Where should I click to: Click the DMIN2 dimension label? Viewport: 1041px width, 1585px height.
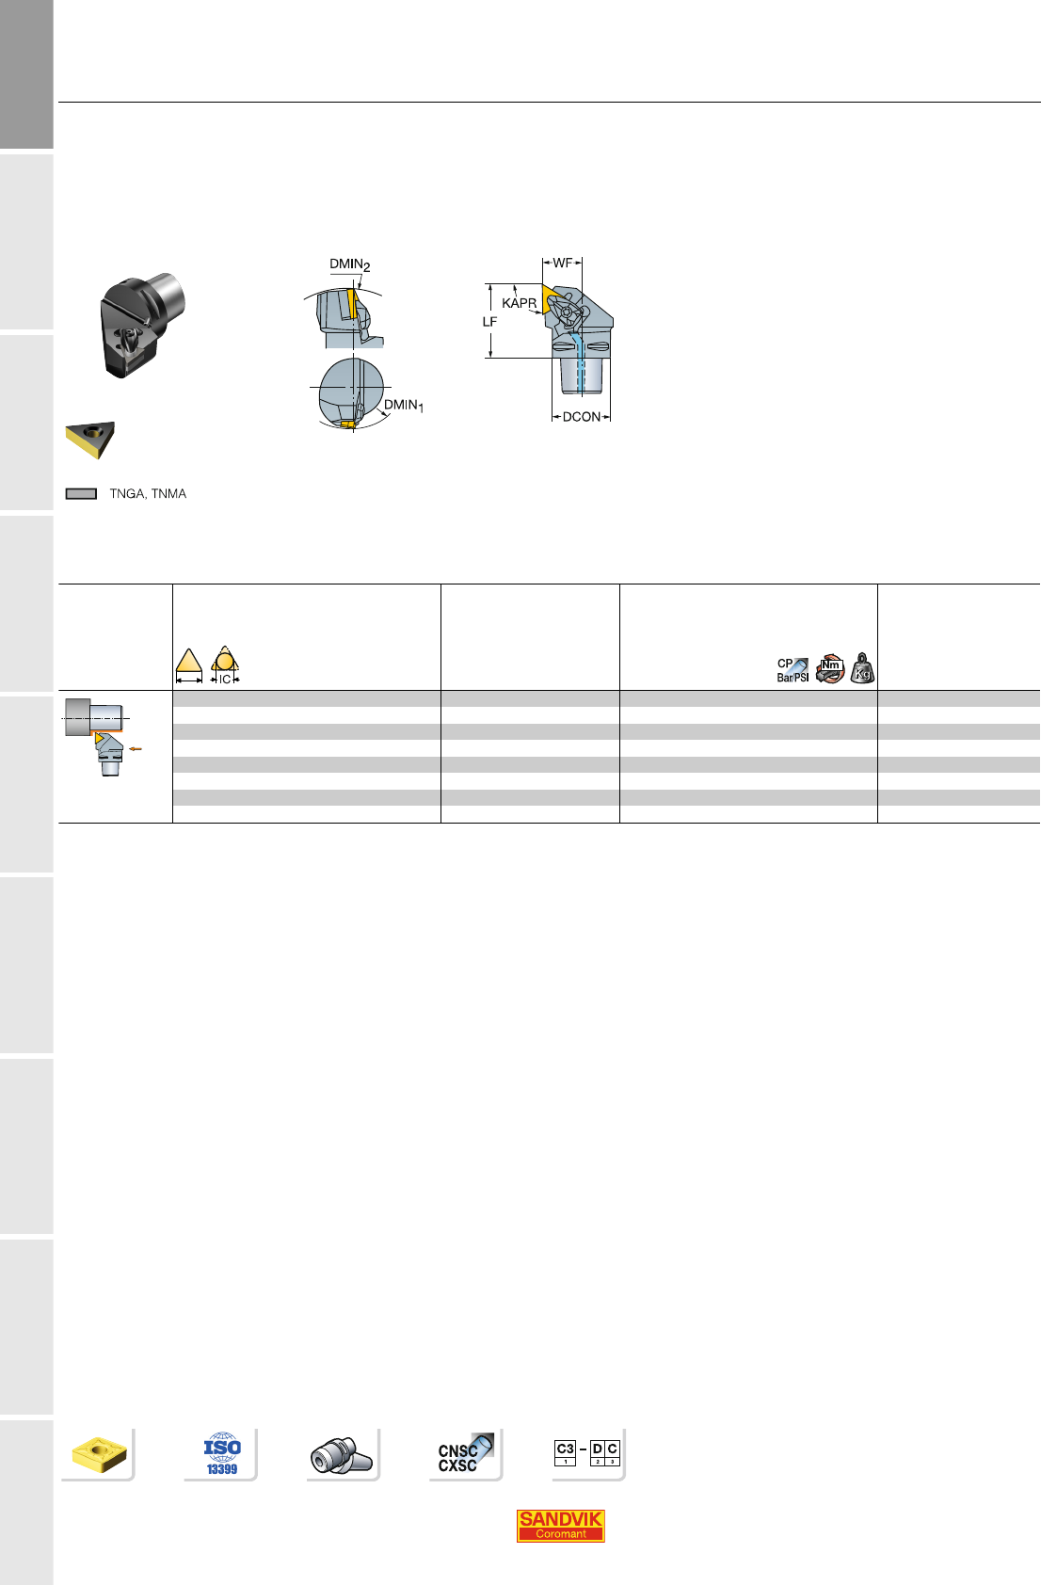[349, 264]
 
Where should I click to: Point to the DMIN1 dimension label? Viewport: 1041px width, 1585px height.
[404, 406]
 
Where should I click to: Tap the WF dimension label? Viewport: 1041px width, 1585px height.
[562, 264]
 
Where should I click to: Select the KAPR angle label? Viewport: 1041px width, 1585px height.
[519, 303]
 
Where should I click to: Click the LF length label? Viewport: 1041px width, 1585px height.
[489, 321]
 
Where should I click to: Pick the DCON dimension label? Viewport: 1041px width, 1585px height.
[581, 417]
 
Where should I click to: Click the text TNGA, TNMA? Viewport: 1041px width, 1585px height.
[148, 493]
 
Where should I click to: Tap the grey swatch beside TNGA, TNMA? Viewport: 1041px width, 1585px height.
[81, 494]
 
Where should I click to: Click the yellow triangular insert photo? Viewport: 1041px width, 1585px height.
[89, 440]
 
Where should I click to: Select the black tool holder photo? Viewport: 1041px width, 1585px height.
[141, 325]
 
